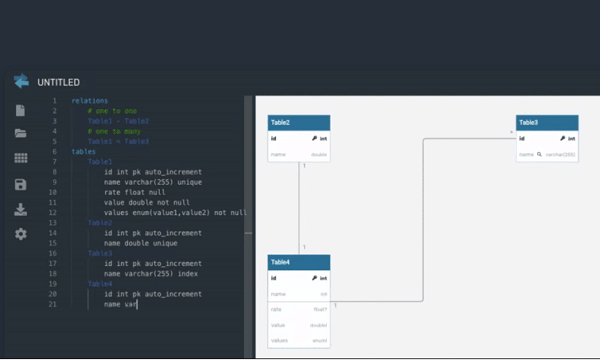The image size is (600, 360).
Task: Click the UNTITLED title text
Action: coord(58,82)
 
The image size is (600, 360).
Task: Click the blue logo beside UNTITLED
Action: coord(21,82)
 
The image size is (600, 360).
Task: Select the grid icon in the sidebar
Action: coord(20,158)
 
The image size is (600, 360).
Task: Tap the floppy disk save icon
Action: coord(20,184)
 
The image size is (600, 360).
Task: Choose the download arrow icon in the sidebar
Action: coord(20,209)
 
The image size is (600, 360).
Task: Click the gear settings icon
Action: coord(20,234)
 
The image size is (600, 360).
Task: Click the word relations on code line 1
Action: coord(90,101)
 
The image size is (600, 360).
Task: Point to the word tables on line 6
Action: coord(84,152)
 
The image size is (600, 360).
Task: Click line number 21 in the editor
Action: coord(53,304)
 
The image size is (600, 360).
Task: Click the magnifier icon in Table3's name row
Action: coord(540,155)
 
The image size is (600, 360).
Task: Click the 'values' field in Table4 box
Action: coord(279,341)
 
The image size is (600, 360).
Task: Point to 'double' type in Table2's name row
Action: coord(320,155)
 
